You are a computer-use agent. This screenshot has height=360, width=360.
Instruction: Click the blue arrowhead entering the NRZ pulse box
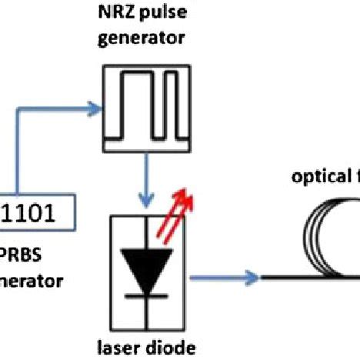coord(95,106)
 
